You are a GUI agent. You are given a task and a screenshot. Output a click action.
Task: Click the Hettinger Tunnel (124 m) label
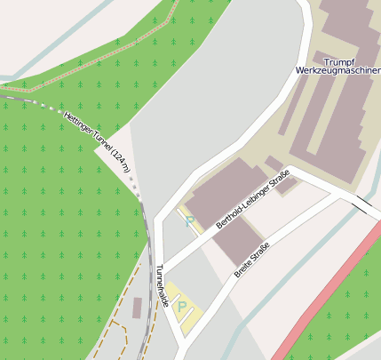97,140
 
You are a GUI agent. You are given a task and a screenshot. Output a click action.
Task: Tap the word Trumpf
339,60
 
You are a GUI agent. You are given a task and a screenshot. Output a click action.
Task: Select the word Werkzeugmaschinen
338,69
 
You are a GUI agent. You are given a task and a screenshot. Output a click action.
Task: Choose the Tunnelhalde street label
162,284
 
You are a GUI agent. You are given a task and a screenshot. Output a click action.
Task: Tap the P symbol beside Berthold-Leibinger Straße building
189,220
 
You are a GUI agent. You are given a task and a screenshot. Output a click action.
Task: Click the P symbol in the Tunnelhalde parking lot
183,308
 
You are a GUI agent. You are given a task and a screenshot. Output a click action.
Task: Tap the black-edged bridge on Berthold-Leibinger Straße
364,205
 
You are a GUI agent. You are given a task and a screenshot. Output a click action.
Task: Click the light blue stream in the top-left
53,53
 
